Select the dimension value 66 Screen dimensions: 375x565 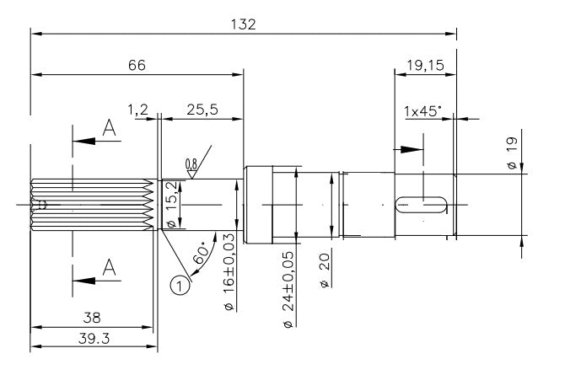(137, 65)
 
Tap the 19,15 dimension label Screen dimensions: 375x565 (425, 65)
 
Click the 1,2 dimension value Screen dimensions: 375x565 (138, 110)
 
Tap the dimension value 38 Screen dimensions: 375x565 (92, 319)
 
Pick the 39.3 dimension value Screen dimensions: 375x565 (93, 338)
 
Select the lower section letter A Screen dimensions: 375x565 (108, 267)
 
